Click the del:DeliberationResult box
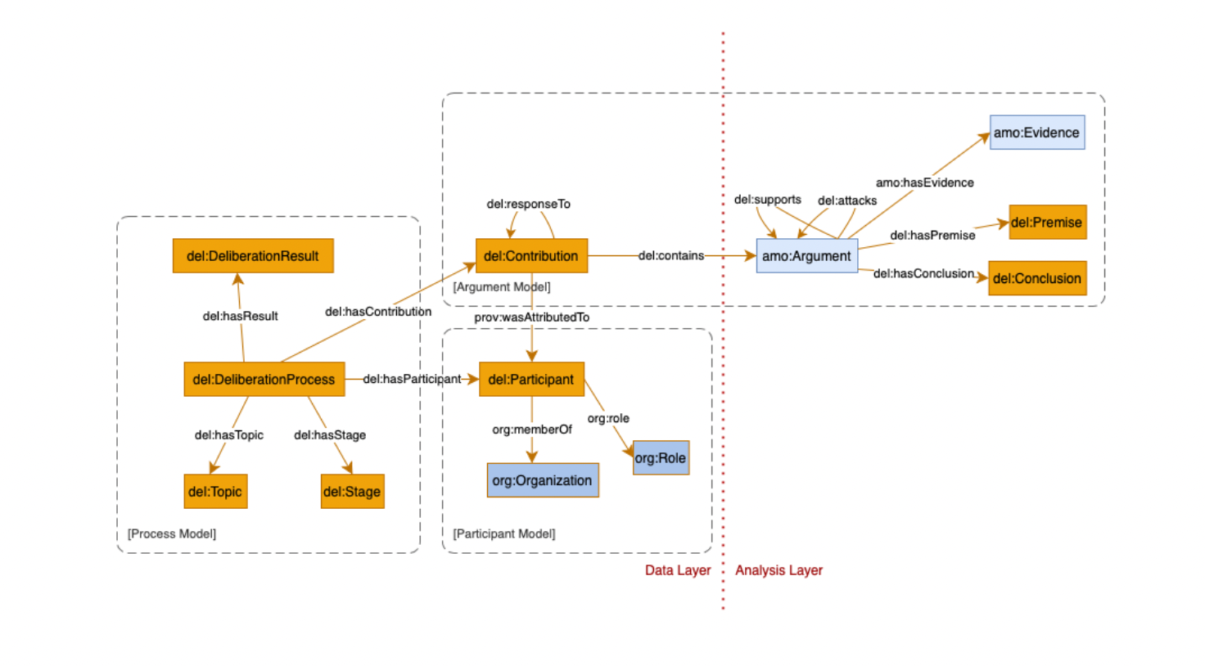tap(253, 256)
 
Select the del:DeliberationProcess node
tap(264, 380)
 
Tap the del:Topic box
tap(215, 492)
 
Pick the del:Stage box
tap(352, 492)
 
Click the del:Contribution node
tap(531, 256)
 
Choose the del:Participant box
tap(531, 380)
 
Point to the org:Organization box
tap(542, 480)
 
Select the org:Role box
tap(661, 458)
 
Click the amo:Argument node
tap(806, 256)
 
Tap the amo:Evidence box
tap(1036, 133)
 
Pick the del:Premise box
tap(1047, 223)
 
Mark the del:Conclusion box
tap(1037, 278)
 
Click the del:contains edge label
tap(670, 256)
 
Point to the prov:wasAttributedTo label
tap(531, 317)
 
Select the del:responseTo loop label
tap(528, 204)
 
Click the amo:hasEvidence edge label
tap(924, 182)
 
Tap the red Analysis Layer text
tap(779, 570)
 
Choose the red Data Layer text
tap(678, 570)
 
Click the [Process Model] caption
tap(172, 533)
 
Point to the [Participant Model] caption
tap(504, 533)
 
